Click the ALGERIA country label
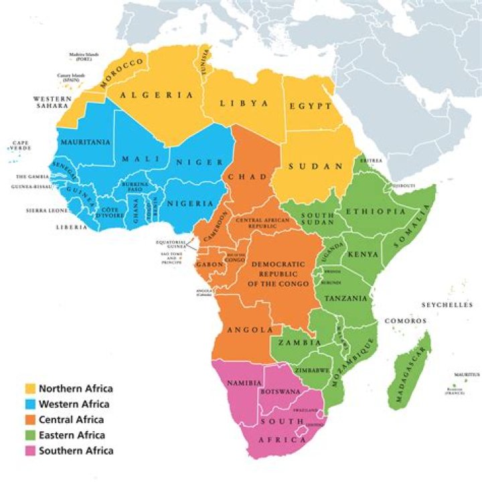157,96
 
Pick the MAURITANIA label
85,143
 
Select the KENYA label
363,255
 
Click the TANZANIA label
345,298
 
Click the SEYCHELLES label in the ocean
447,305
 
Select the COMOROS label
405,321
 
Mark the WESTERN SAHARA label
52,102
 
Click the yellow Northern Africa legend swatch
30,389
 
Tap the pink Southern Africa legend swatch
30,451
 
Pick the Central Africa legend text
71,420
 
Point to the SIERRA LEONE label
37,210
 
